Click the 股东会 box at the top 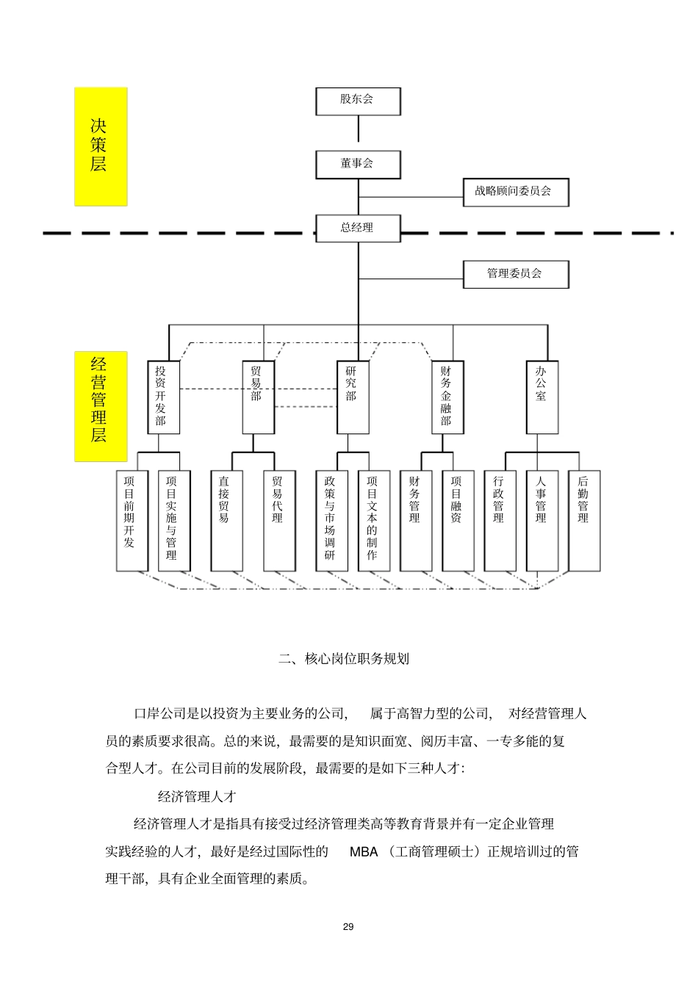tap(358, 101)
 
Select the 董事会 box tap(358, 165)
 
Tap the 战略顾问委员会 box tap(516, 192)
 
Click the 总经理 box tap(358, 228)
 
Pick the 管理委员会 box tap(516, 274)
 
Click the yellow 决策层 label tap(101, 146)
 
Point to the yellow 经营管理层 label tap(101, 406)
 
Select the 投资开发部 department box tap(163, 397)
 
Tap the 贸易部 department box tap(258, 397)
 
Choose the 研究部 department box tap(353, 397)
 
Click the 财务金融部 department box tap(447, 397)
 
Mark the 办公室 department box tap(542, 397)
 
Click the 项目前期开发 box tap(132, 520)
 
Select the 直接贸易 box tap(226, 520)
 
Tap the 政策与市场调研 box tap(331, 520)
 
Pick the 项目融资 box tap(458, 520)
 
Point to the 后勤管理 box tap(584, 520)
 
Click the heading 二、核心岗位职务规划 tap(344, 659)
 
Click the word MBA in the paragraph tap(363, 852)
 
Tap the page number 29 tap(348, 927)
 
